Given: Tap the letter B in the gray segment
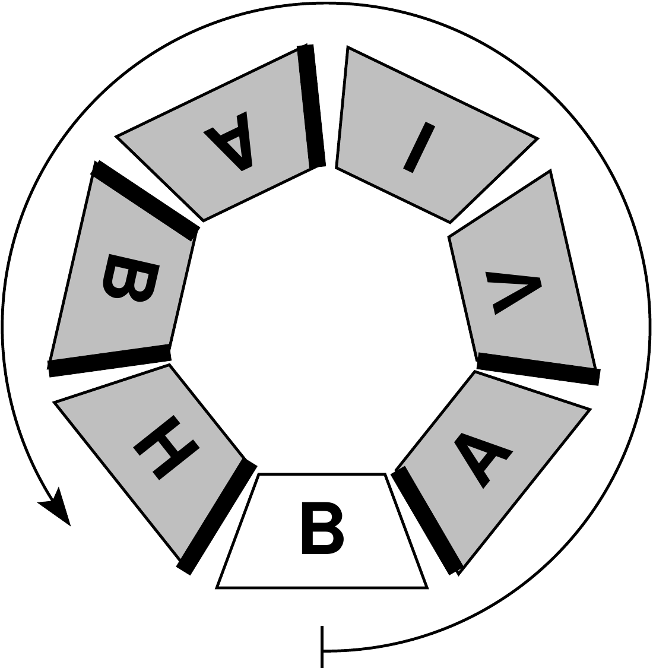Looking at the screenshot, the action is pyautogui.click(x=130, y=278).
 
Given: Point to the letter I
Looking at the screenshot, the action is pyautogui.click(x=419, y=148).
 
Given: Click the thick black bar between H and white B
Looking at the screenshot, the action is pyautogui.click(x=217, y=517).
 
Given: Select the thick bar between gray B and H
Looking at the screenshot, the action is pyautogui.click(x=110, y=360).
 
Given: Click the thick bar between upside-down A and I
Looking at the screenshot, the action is pyautogui.click(x=312, y=106).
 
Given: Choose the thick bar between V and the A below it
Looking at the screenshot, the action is pyautogui.click(x=538, y=368).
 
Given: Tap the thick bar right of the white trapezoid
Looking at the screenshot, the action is pyautogui.click(x=427, y=521).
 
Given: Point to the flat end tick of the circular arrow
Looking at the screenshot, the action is pyautogui.click(x=322, y=647).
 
